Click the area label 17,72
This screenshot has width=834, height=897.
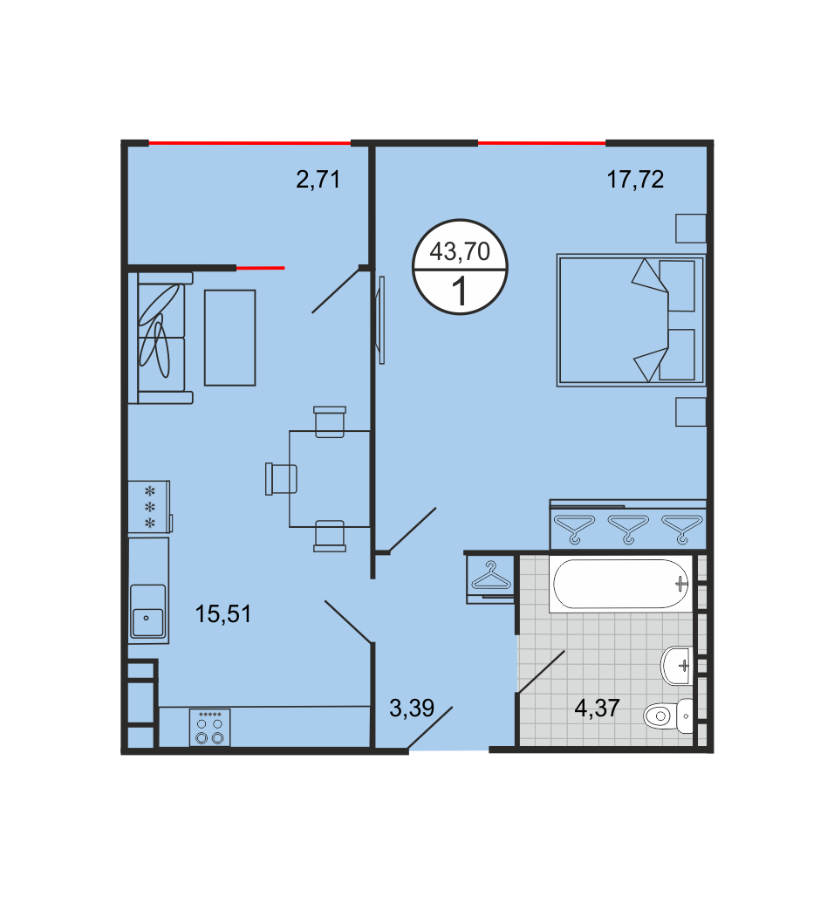coord(635,180)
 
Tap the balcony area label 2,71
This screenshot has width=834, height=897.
coord(318,180)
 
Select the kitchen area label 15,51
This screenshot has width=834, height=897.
coord(223,613)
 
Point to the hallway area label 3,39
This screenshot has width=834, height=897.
coord(412,709)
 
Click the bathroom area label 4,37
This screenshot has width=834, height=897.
coord(598,709)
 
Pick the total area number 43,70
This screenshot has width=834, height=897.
coord(460,251)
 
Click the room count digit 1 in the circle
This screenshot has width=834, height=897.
coord(460,291)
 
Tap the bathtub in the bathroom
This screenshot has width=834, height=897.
coord(621,584)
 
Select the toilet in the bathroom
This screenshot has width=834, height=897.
coord(668,716)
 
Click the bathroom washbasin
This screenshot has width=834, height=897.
coord(677,665)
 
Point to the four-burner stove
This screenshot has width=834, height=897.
coord(209,727)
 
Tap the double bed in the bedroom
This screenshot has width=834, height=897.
coord(631,320)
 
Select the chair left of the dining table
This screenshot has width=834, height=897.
coord(281,479)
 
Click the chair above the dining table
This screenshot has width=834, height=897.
coord(330,421)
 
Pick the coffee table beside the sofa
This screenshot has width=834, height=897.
coord(230,338)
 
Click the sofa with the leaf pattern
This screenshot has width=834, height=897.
coord(161,338)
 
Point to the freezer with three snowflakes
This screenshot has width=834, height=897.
coord(149,507)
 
